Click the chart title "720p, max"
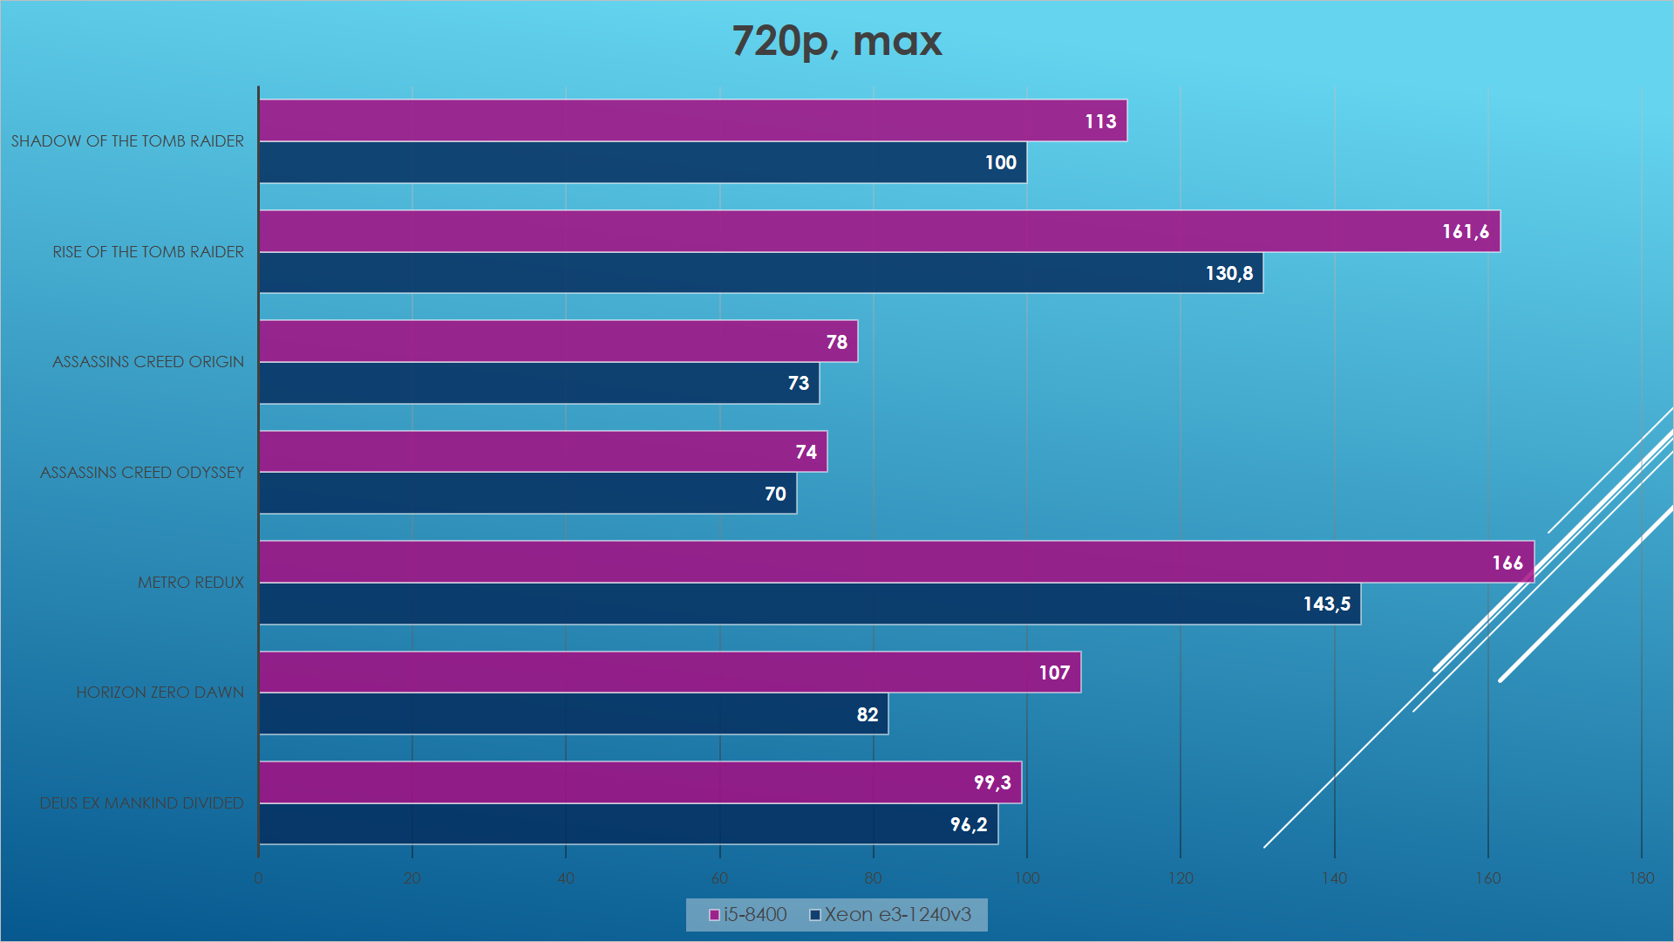tap(836, 41)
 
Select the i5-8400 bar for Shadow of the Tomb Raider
tap(692, 120)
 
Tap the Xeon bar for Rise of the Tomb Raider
tap(760, 273)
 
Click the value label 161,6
tap(1465, 232)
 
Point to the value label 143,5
tap(1326, 604)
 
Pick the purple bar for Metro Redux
tap(895, 562)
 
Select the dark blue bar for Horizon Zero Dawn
tap(573, 713)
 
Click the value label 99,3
tap(992, 782)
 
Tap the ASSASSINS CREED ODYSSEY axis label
tap(142, 472)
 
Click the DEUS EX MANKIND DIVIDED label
tap(141, 802)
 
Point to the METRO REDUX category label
tap(190, 582)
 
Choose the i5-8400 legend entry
tap(748, 914)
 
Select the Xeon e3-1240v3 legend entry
tap(890, 914)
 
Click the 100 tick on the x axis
tap(1026, 878)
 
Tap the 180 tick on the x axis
tap(1641, 878)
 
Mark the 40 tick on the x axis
tap(566, 878)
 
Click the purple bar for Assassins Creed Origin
tap(558, 341)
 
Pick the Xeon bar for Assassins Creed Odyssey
tap(527, 494)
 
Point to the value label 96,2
tap(968, 824)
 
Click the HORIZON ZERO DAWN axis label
tap(160, 692)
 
